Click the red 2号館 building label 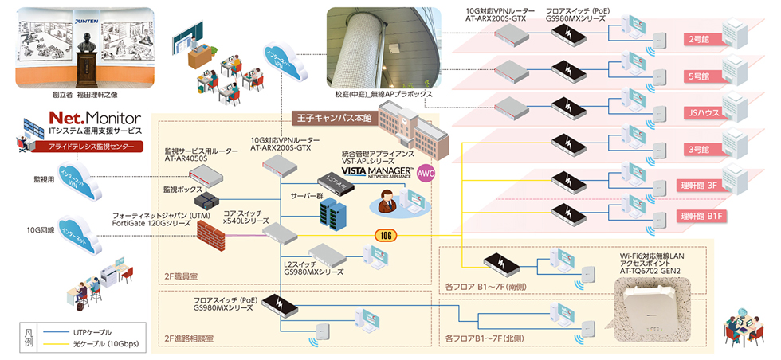[x=697, y=39]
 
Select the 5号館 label [x=697, y=76]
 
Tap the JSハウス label [x=697, y=113]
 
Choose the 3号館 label [x=697, y=150]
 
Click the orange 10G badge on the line [x=386, y=235]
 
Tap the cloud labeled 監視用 [x=74, y=178]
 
